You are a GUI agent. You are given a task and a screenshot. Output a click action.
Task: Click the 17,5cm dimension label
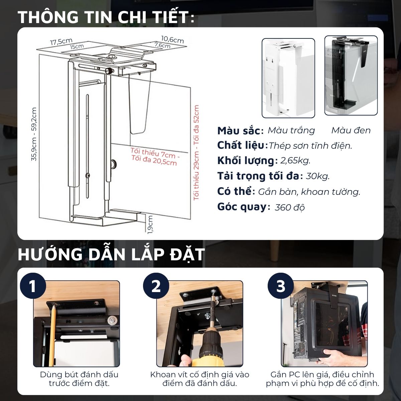(x=61, y=42)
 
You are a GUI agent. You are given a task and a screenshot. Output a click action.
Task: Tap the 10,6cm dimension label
(x=172, y=39)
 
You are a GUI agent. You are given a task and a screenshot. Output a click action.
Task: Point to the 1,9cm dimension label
(x=150, y=225)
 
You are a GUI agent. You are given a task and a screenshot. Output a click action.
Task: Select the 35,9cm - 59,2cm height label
(x=34, y=134)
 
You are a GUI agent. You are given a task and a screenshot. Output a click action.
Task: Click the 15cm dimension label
(x=77, y=46)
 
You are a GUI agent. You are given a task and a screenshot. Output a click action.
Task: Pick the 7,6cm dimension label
(x=162, y=45)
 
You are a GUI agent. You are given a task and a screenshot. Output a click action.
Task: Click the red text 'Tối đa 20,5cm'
(x=154, y=161)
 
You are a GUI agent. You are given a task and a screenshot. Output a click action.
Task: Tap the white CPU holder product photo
(x=288, y=78)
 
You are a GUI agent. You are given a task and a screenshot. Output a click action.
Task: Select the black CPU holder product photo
(x=351, y=76)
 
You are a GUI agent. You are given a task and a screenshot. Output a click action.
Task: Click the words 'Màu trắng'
(x=291, y=130)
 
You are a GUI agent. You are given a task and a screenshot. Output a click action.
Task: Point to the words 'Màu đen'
(x=351, y=130)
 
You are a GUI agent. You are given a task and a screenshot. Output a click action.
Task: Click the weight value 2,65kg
(x=295, y=161)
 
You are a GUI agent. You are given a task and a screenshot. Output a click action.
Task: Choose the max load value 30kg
(x=317, y=176)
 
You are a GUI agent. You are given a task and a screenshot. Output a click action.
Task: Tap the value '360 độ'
(x=290, y=207)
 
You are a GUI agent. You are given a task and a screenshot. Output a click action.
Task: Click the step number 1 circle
(x=33, y=286)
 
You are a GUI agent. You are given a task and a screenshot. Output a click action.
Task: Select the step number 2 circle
(x=156, y=286)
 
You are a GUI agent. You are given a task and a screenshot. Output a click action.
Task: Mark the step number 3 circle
(x=280, y=286)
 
